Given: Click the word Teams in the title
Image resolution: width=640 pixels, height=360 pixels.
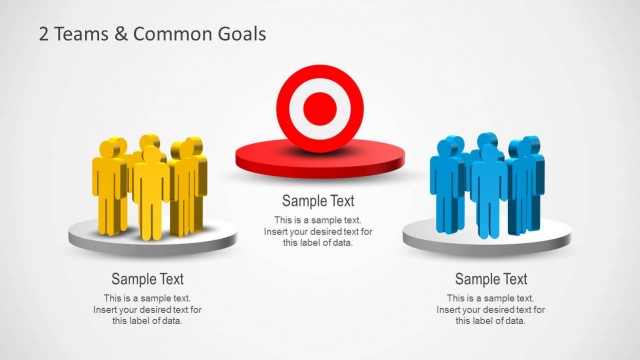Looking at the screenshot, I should click(x=77, y=34).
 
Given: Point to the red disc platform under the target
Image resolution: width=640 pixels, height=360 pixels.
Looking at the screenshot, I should click(x=319, y=160).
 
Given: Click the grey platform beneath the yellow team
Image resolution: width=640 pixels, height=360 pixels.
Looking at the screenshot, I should click(x=152, y=241).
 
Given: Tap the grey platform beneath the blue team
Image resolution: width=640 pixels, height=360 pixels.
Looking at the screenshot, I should click(x=486, y=241).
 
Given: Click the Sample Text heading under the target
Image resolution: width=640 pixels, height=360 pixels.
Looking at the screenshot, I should click(x=318, y=201).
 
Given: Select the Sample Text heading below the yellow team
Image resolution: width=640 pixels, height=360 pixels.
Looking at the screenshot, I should click(x=147, y=279).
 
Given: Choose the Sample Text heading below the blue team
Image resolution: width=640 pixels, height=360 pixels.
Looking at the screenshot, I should click(x=491, y=279).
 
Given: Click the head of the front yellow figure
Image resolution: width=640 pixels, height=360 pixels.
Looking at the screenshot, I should click(x=151, y=154).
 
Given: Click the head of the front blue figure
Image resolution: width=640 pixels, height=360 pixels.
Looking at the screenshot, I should click(x=487, y=152).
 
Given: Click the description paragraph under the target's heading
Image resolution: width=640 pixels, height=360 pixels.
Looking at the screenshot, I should click(x=318, y=231).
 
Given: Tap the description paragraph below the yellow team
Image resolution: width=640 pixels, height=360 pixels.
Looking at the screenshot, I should click(x=147, y=309).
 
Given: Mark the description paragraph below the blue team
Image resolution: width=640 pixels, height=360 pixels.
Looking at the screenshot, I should click(x=491, y=309).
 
